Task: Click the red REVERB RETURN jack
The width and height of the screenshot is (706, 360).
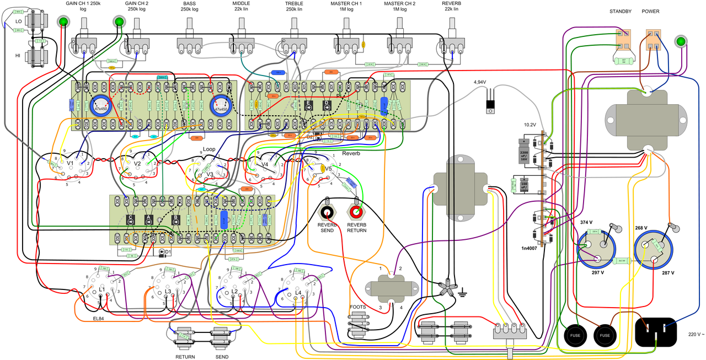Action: pos(356,212)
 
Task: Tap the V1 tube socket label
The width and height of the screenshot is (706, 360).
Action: pos(70,163)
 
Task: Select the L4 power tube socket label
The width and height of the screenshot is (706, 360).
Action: pos(298,292)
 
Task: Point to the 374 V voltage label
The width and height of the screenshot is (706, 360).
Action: pos(587,222)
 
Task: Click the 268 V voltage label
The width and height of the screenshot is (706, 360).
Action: pos(642,227)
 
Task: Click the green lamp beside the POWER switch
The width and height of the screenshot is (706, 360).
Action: pos(681,42)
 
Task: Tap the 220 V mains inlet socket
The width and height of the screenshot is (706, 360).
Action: pos(656,332)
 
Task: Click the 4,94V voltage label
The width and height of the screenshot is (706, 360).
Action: pos(479,82)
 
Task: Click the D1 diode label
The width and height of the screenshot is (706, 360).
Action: pos(168,252)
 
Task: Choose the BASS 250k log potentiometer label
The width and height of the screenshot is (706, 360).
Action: pos(189,7)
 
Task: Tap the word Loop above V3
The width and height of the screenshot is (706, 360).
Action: pos(209,149)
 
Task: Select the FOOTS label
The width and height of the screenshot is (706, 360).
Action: pos(357,308)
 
